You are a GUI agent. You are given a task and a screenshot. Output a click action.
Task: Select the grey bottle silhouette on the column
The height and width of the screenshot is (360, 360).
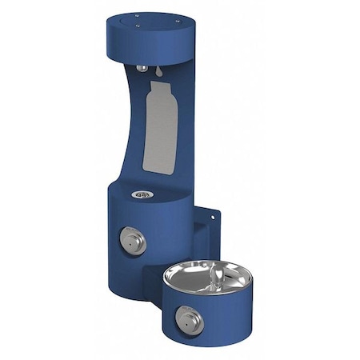click(x=160, y=128)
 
